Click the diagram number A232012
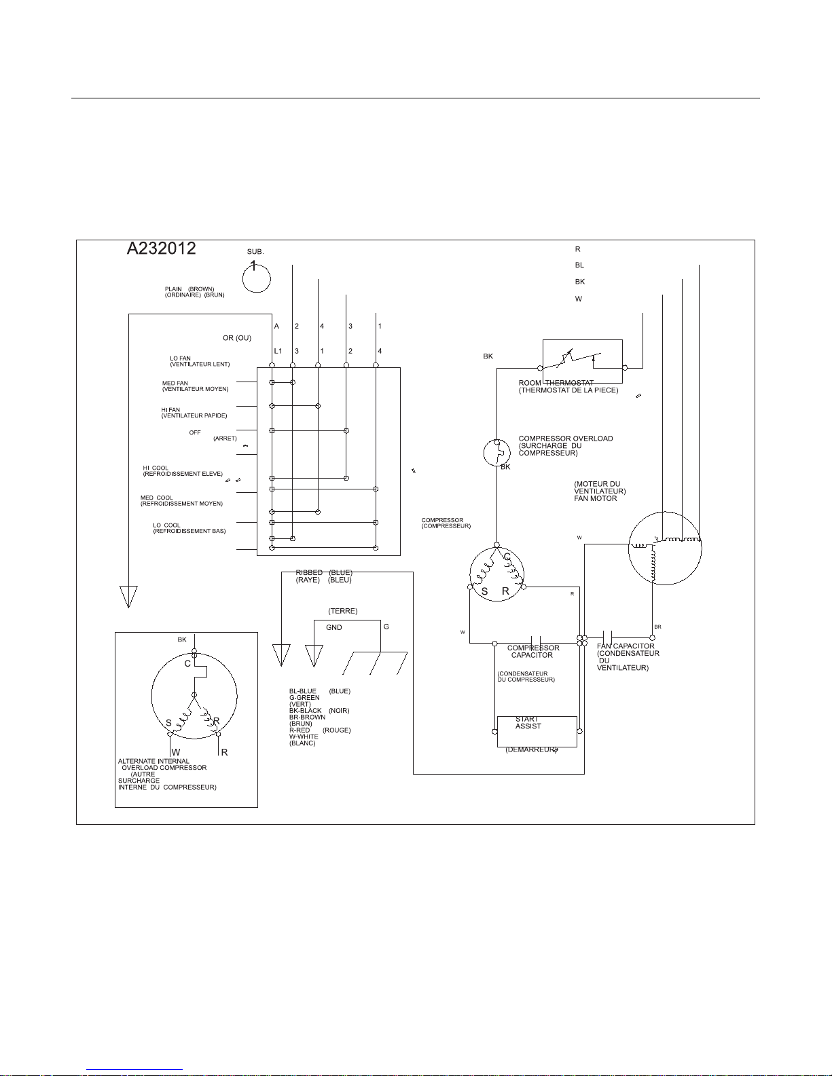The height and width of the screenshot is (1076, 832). tap(162, 249)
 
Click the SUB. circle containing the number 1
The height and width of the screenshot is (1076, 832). tap(257, 277)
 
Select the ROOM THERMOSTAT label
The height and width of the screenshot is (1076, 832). tap(556, 383)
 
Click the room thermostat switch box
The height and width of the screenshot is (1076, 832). tap(583, 361)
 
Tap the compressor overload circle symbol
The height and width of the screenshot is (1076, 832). tap(496, 453)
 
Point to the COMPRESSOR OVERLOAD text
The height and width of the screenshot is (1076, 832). tap(566, 439)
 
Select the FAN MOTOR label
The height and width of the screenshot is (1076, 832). tap(596, 498)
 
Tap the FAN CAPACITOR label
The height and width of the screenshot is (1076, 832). tap(626, 646)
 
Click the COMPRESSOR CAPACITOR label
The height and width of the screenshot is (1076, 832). tap(533, 652)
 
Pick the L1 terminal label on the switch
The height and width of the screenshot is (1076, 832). tap(277, 351)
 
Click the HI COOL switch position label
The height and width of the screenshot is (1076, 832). tap(156, 468)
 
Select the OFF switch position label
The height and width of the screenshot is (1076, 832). tap(195, 432)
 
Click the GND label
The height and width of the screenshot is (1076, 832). tap(334, 628)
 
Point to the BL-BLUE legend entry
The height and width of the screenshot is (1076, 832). tap(303, 691)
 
